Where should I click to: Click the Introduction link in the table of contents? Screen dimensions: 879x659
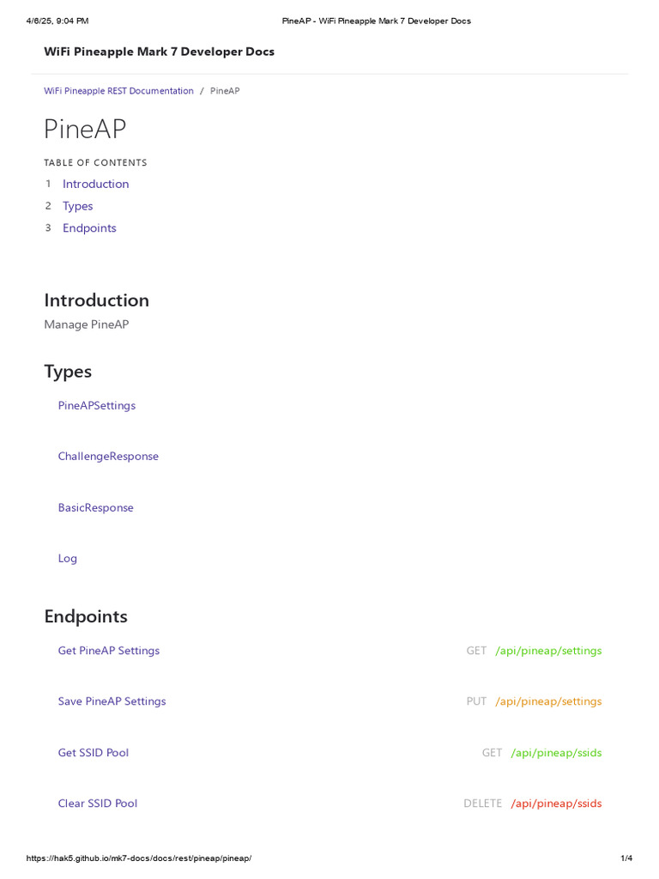click(95, 184)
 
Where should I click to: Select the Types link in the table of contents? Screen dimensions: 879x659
click(77, 206)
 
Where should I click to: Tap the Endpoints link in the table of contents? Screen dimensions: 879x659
click(89, 228)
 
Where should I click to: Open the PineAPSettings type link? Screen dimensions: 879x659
click(96, 405)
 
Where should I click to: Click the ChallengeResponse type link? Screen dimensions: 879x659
click(108, 456)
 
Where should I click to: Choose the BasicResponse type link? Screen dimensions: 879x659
click(95, 507)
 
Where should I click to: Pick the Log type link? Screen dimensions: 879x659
click(68, 558)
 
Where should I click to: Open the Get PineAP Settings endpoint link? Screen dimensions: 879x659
click(108, 651)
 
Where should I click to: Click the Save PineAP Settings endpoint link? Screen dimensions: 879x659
click(112, 701)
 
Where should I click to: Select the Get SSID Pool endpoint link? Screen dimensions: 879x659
click(93, 753)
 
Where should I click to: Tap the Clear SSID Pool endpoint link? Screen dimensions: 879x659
click(97, 803)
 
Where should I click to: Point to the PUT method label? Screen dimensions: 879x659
click(476, 701)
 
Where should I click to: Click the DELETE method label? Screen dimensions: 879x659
click(482, 803)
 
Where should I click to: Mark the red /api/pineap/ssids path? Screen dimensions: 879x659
click(556, 803)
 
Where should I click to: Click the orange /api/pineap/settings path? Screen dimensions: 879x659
click(548, 701)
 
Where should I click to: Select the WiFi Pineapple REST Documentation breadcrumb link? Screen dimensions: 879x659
click(118, 91)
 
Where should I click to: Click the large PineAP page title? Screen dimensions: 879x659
click(85, 129)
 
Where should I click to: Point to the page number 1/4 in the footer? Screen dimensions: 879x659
click(626, 858)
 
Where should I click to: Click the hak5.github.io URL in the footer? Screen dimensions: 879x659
click(138, 858)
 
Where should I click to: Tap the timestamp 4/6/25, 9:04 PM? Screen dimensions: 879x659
click(57, 21)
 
